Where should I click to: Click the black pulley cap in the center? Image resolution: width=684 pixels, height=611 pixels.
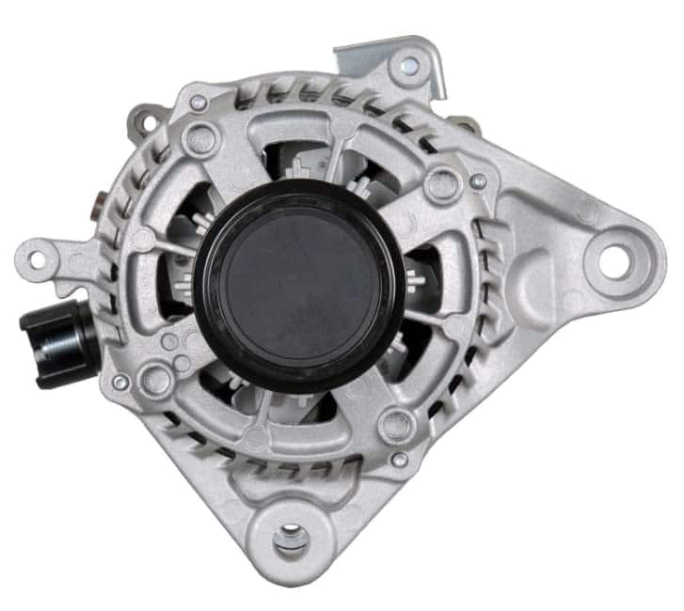click(299, 285)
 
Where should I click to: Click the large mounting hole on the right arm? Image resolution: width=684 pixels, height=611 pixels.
click(612, 260)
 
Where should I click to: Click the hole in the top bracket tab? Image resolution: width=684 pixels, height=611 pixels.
click(410, 65)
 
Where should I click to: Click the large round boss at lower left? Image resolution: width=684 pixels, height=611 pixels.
click(155, 381)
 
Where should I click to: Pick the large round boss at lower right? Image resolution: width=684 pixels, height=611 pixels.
click(395, 426)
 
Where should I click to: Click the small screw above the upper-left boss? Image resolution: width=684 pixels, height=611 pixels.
click(199, 102)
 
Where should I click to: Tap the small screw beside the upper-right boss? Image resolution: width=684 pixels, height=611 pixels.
click(478, 180)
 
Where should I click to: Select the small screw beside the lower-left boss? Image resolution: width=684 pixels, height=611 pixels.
click(120, 383)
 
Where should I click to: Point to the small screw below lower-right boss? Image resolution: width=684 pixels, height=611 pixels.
click(400, 460)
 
